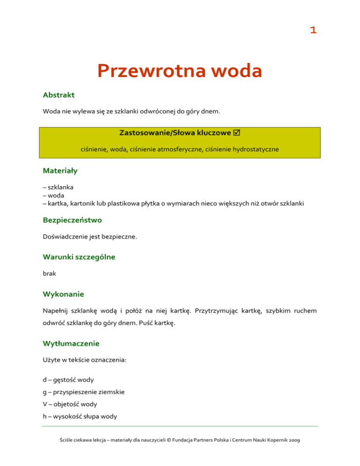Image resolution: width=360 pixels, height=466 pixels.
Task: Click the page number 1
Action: [313, 30]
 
